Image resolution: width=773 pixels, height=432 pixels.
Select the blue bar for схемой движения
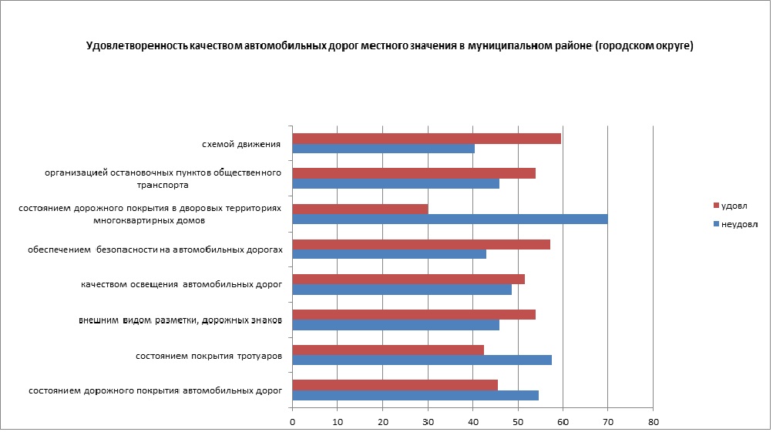pyautogui.click(x=383, y=149)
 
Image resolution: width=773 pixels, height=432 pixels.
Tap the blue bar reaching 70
pyautogui.click(x=450, y=219)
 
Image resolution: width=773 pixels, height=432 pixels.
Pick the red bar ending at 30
pyautogui.click(x=360, y=209)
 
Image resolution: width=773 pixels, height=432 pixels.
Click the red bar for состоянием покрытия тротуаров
pyautogui.click(x=388, y=350)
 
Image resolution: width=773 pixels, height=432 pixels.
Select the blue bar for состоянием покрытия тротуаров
pyautogui.click(x=422, y=360)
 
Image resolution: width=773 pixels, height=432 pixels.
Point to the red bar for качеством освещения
pyautogui.click(x=408, y=279)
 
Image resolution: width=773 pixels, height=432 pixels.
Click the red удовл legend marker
pyautogui.click(x=716, y=206)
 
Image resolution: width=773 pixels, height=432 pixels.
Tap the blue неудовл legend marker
pyautogui.click(x=716, y=225)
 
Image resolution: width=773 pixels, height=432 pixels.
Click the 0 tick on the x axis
pyautogui.click(x=293, y=422)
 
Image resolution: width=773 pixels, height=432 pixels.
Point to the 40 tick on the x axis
pyautogui.click(x=473, y=422)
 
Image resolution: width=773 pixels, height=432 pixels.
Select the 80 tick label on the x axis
pyautogui.click(x=654, y=422)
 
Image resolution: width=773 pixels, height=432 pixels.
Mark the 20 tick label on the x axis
pyautogui.click(x=383, y=422)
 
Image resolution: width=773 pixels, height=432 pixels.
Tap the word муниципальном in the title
pyautogui.click(x=509, y=46)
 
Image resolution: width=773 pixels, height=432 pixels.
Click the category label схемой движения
pyautogui.click(x=240, y=144)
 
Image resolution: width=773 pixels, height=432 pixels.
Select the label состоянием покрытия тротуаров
pyautogui.click(x=208, y=356)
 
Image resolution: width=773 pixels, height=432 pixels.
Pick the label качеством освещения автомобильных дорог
pyautogui.click(x=181, y=284)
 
